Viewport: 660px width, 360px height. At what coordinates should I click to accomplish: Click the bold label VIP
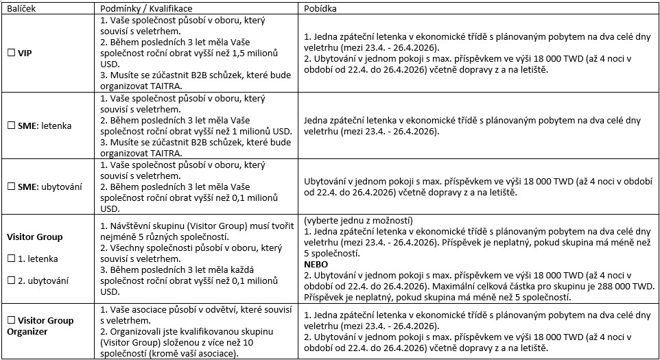pyautogui.click(x=25, y=52)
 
